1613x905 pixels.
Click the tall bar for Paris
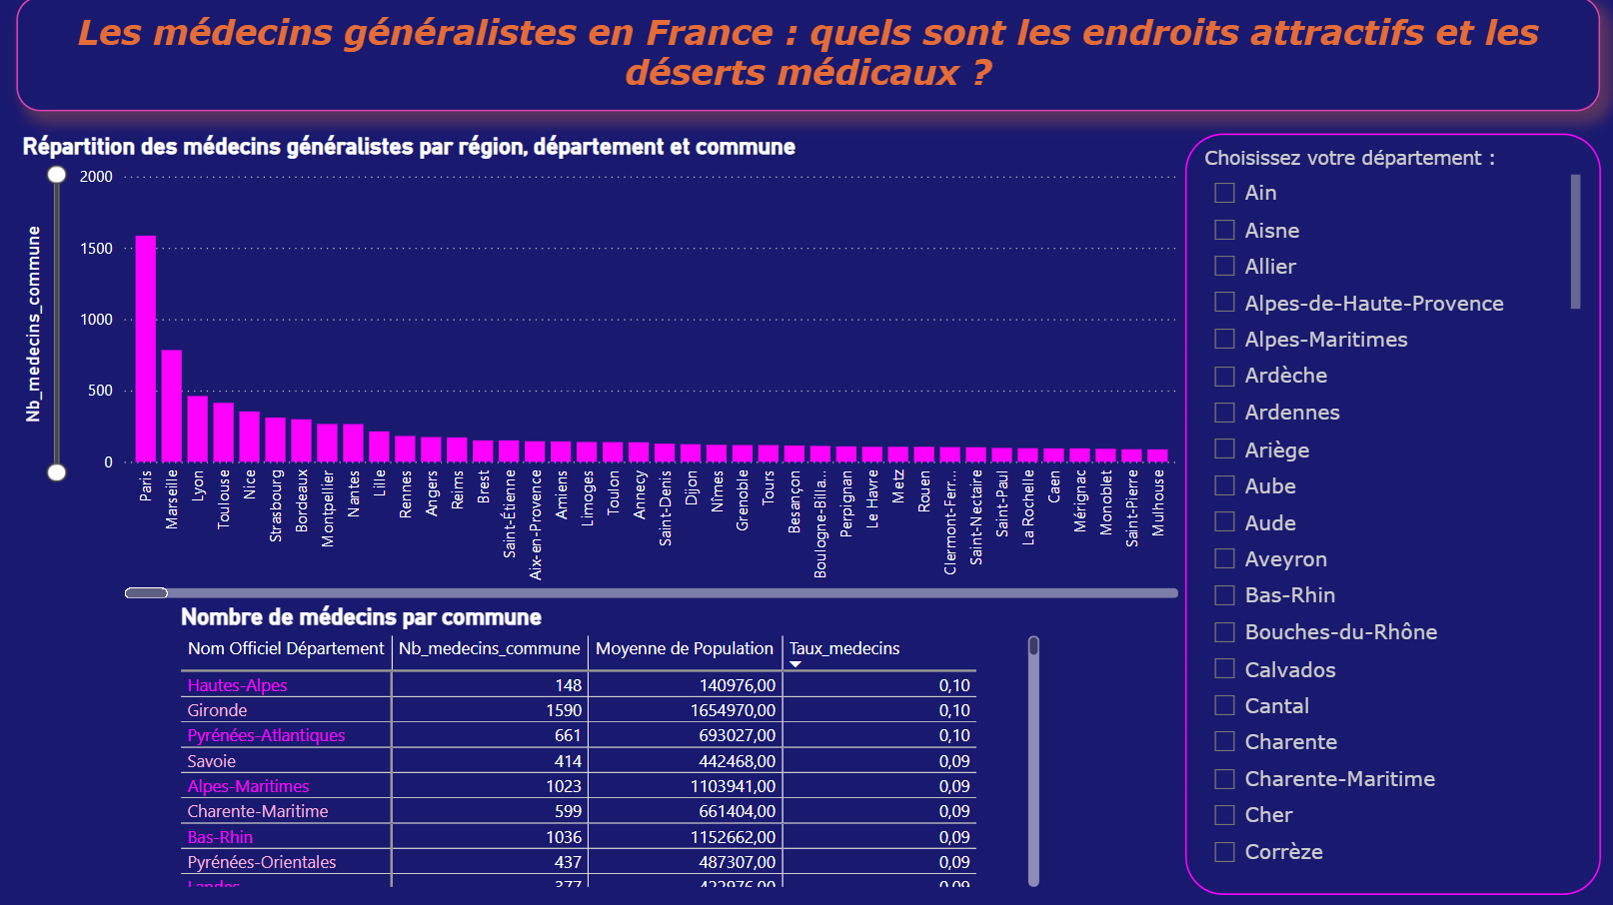(x=146, y=349)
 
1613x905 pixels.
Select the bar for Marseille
(x=172, y=406)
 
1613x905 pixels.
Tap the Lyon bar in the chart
(x=198, y=429)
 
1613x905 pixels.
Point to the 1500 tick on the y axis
(x=97, y=249)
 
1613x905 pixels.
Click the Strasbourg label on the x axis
(x=276, y=505)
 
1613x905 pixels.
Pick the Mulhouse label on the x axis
(x=1158, y=502)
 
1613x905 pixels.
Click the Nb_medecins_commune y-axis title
(x=34, y=324)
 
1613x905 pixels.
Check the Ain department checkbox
(x=1224, y=193)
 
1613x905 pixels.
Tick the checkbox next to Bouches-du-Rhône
(x=1224, y=632)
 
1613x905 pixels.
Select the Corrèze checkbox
(x=1224, y=852)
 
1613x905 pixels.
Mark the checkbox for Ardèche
(x=1224, y=376)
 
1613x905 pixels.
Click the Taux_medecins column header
(x=844, y=648)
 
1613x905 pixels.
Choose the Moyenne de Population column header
(x=685, y=648)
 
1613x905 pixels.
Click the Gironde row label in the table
(x=217, y=710)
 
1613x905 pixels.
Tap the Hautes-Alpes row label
(x=237, y=685)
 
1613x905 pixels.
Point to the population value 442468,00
(x=737, y=761)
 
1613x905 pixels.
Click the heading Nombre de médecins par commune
(x=361, y=617)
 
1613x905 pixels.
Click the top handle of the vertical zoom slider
(x=57, y=175)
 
